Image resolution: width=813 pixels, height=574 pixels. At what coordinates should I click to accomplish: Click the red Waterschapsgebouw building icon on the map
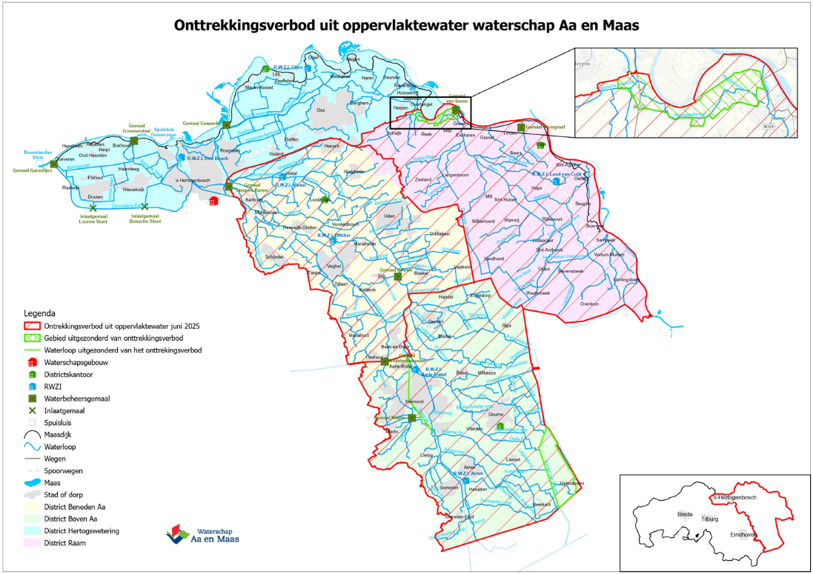(x=214, y=200)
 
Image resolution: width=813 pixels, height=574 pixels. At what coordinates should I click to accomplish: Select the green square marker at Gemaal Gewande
(x=229, y=123)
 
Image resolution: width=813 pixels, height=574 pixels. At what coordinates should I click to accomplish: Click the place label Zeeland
(x=423, y=180)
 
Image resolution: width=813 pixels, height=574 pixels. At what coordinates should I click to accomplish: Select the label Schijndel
(x=264, y=257)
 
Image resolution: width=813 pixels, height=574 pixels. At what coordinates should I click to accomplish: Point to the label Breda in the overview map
(x=685, y=513)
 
